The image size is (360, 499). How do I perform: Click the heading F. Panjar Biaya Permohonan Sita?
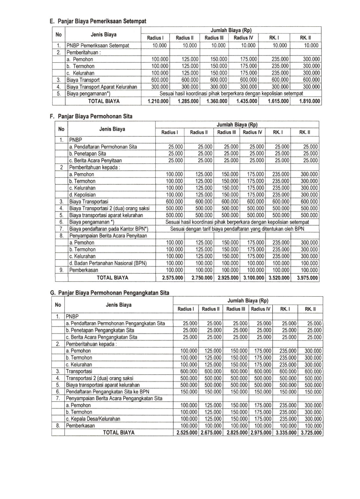[x=91, y=116]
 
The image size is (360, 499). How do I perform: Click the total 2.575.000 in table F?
[x=170, y=277]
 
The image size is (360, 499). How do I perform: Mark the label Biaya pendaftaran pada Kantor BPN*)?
[x=109, y=229]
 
